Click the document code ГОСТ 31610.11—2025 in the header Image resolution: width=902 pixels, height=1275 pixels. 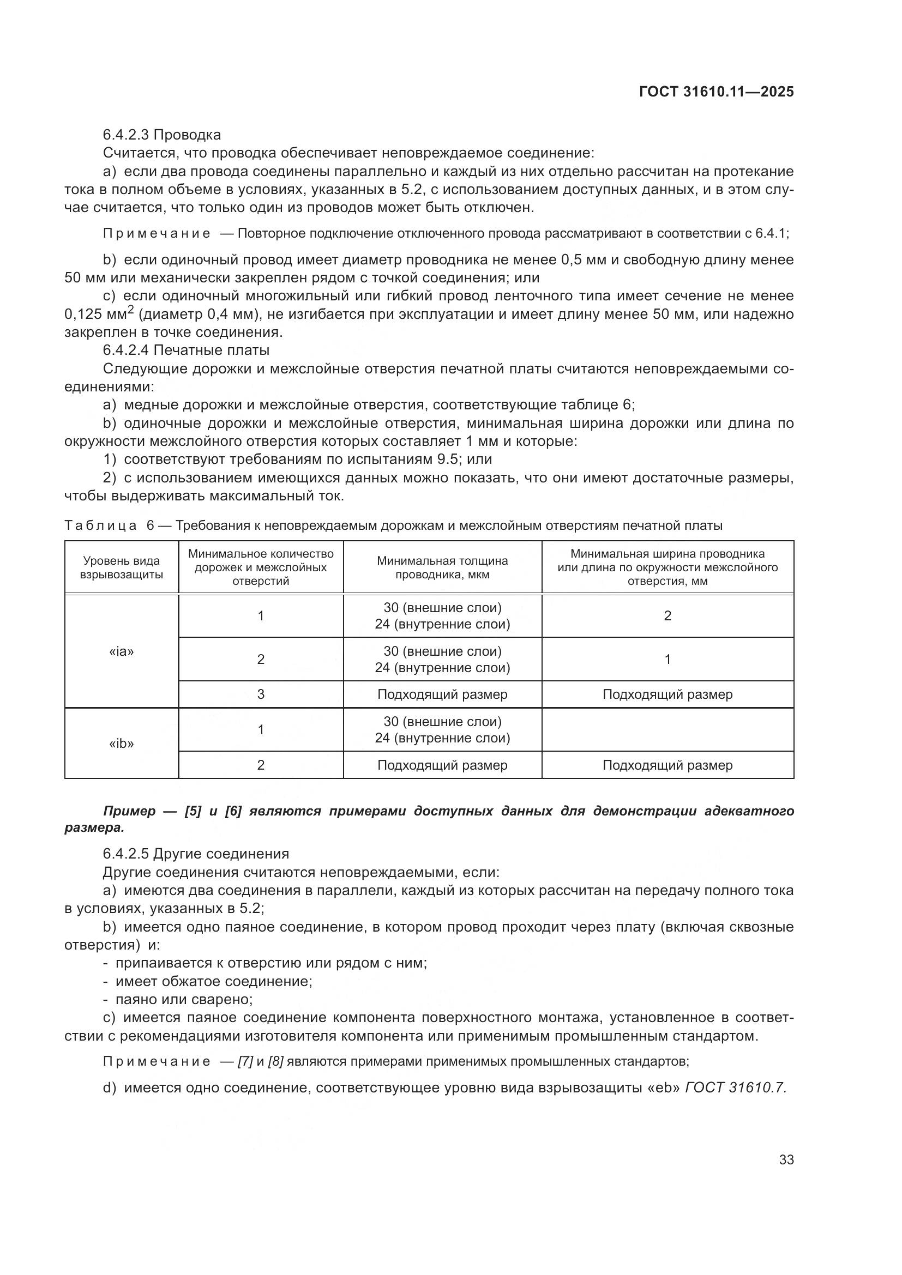[x=716, y=92]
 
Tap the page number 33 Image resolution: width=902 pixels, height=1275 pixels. [x=786, y=1159]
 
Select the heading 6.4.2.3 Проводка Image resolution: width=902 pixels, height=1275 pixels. [x=161, y=135]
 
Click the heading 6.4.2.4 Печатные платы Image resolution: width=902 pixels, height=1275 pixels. [x=186, y=351]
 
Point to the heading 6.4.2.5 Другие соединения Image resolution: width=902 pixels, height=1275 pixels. [x=196, y=854]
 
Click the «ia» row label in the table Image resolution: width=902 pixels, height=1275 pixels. [x=121, y=651]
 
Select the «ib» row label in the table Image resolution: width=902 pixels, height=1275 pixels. [x=121, y=744]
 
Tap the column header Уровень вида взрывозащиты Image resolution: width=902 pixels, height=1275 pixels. [x=121, y=567]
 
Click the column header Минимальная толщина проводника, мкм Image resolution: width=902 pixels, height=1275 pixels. [x=442, y=567]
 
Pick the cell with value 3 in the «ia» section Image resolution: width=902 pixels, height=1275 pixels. [x=261, y=694]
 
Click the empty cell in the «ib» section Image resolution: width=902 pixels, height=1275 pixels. [x=667, y=730]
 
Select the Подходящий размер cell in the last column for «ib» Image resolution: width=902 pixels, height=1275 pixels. [x=667, y=765]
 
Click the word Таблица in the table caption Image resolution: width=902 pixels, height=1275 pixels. [x=100, y=525]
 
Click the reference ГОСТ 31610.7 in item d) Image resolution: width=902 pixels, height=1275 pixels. [x=735, y=1087]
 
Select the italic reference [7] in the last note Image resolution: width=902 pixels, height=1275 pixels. [x=245, y=1062]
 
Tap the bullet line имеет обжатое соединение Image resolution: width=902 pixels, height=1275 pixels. [x=213, y=981]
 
